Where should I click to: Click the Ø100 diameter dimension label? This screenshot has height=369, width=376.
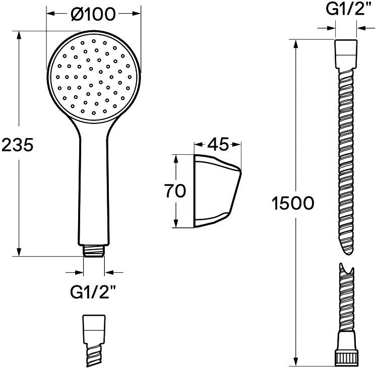[x=93, y=14]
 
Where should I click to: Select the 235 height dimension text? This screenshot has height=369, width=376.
[x=17, y=145]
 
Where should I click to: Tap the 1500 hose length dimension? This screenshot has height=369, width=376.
[x=292, y=203]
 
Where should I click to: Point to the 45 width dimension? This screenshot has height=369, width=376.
[x=218, y=144]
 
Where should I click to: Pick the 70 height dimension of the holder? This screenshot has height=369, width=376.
[x=175, y=191]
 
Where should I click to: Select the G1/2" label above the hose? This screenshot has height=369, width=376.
[x=346, y=10]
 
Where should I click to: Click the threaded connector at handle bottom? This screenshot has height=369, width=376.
[x=94, y=251]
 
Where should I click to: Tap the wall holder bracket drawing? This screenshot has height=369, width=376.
[x=217, y=191]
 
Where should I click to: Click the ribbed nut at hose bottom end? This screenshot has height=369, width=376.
[x=346, y=359]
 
